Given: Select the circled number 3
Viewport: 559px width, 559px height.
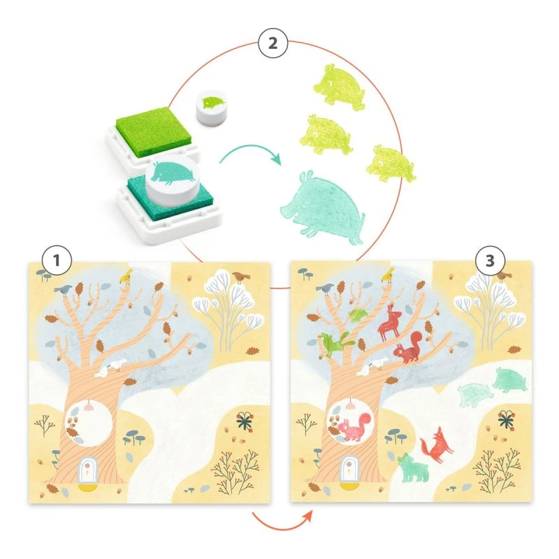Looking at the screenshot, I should pyautogui.click(x=490, y=262).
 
